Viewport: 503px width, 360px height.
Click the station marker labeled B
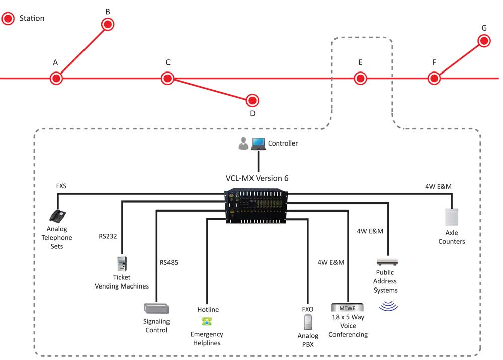(x=108, y=24)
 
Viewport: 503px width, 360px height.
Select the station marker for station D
(x=253, y=100)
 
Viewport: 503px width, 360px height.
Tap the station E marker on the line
(x=360, y=78)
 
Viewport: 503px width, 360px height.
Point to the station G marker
(x=484, y=41)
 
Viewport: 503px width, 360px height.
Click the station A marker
(x=56, y=78)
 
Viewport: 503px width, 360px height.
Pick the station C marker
(x=167, y=78)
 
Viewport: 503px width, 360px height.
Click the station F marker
(x=434, y=78)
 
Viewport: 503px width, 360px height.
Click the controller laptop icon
(x=259, y=143)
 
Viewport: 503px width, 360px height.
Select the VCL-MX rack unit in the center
(x=256, y=205)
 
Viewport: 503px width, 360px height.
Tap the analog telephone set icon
(x=58, y=217)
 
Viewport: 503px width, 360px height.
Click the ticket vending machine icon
(x=121, y=264)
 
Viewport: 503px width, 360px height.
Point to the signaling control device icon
(x=156, y=308)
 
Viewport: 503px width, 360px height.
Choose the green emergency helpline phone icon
(x=206, y=321)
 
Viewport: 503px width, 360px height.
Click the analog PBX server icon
(x=308, y=322)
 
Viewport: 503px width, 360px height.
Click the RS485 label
(x=169, y=262)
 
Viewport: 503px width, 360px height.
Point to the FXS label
(x=61, y=186)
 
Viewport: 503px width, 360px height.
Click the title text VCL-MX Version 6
(x=257, y=178)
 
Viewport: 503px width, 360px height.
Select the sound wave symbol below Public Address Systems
(x=387, y=305)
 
